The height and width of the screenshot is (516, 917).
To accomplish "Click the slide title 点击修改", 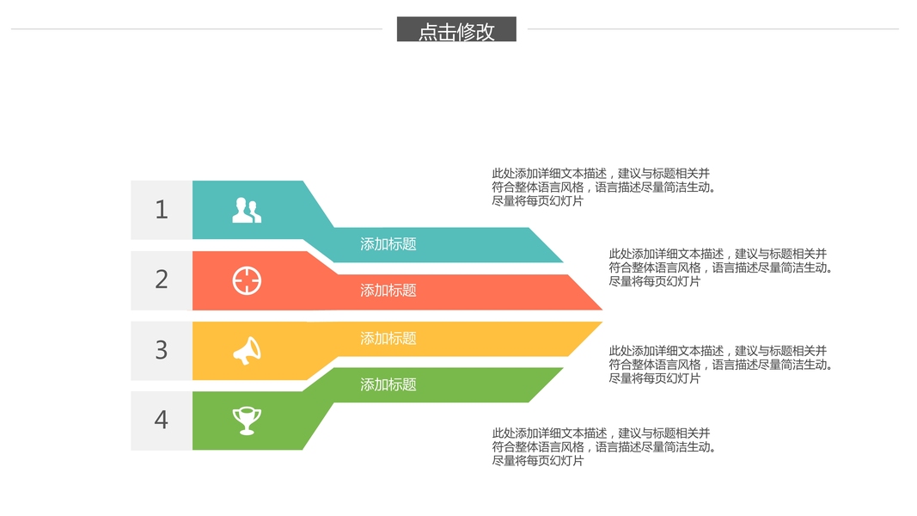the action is click(456, 31).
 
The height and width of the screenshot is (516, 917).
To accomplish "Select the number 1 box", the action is click(162, 210).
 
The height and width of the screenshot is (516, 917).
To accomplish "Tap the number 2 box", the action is click(162, 280).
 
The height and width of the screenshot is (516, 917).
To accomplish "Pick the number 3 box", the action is click(162, 350).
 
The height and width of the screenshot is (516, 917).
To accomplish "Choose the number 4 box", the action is click(162, 421).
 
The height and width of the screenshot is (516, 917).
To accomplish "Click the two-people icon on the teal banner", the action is click(247, 211).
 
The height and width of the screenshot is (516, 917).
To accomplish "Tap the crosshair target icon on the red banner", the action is click(247, 281).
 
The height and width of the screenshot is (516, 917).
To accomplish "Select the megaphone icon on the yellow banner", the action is click(247, 350).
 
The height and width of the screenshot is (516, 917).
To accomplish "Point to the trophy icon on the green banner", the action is click(247, 421).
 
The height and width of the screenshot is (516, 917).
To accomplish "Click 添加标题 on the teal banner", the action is click(388, 244).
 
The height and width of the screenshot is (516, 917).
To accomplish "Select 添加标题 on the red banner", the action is click(388, 291).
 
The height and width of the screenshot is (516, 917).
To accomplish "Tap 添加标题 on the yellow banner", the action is click(388, 339).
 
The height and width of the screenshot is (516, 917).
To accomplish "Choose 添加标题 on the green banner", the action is click(388, 384).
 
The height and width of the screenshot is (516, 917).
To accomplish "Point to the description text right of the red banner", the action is click(720, 267).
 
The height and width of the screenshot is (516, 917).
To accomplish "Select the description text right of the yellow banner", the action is click(720, 365).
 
